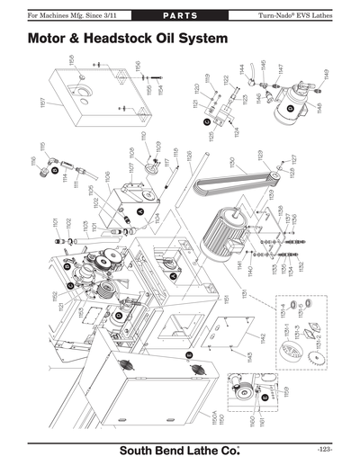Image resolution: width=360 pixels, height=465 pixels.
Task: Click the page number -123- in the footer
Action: pyautogui.click(x=325, y=449)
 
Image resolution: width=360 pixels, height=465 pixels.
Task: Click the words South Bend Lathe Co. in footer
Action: pyautogui.click(x=179, y=449)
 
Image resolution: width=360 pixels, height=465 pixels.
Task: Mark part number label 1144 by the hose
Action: pyautogui.click(x=241, y=69)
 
